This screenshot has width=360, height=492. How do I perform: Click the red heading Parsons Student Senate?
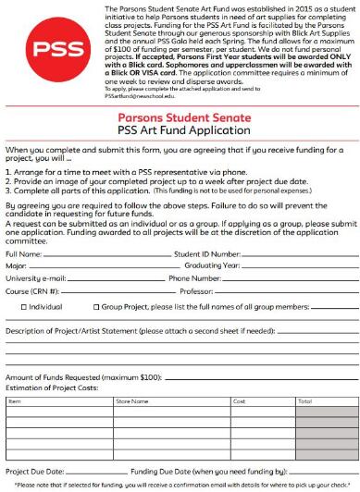pyautogui.click(x=180, y=117)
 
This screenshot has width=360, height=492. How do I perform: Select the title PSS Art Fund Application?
pyautogui.click(x=180, y=131)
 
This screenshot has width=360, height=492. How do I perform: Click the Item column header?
pyautogui.click(x=15, y=402)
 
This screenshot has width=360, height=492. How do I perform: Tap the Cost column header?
pyautogui.click(x=239, y=402)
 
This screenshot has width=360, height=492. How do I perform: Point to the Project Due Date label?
pyautogui.click(x=34, y=471)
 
